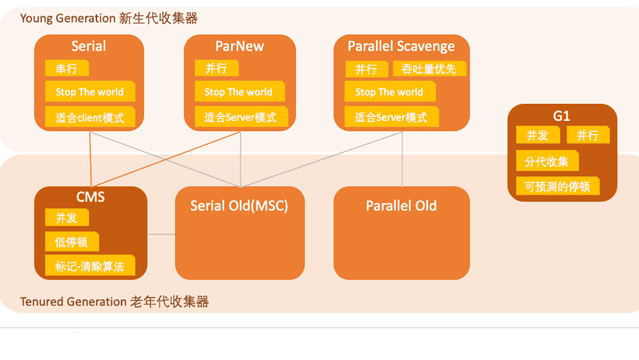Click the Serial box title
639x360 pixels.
pyautogui.click(x=89, y=46)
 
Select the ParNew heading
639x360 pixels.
pyautogui.click(x=240, y=46)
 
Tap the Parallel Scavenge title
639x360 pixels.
pyautogui.click(x=401, y=46)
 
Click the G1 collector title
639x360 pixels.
pyautogui.click(x=562, y=115)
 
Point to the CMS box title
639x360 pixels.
pyautogui.click(x=90, y=197)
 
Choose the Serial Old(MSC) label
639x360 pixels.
pyautogui.click(x=239, y=206)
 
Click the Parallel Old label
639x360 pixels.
pyautogui.click(x=401, y=206)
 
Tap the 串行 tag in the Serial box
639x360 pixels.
pyautogui.click(x=67, y=69)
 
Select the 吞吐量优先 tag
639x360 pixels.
pyautogui.click(x=429, y=69)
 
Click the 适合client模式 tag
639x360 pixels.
pyautogui.click(x=90, y=118)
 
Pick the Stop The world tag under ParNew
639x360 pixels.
pyautogui.click(x=238, y=92)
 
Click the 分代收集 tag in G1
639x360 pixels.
pyautogui.click(x=547, y=162)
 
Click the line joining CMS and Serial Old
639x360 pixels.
pyautogui.click(x=162, y=234)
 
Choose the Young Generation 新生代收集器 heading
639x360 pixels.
pyautogui.click(x=109, y=18)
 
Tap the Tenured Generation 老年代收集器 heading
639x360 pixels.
pyautogui.click(x=114, y=302)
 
